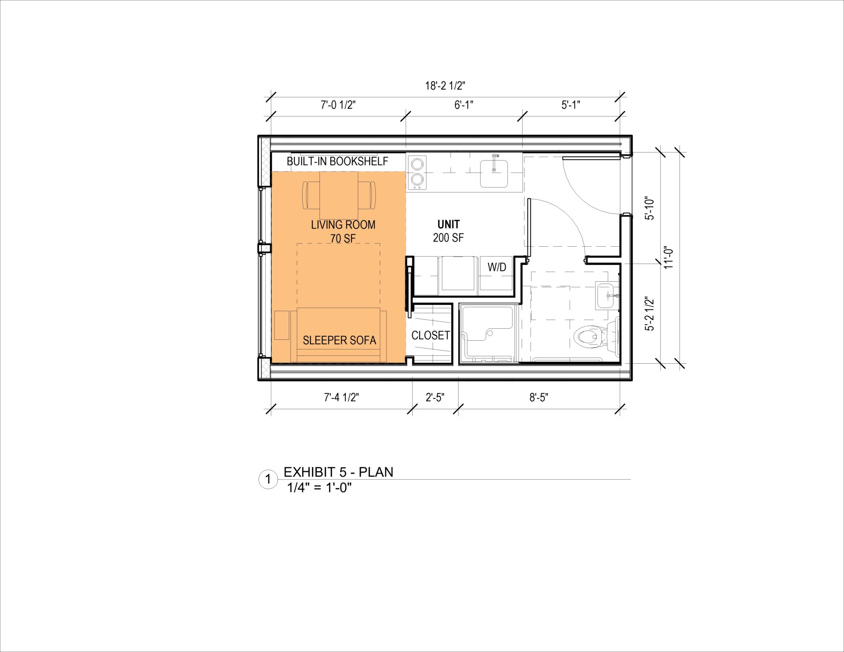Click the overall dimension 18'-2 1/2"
445,86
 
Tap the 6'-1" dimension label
464,105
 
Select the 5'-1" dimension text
570,105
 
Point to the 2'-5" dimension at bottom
435,397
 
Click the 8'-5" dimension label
539,397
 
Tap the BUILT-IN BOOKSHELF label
337,161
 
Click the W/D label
497,267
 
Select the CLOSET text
430,335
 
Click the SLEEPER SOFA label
339,340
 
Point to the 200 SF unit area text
448,238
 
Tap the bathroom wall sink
607,296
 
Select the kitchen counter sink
494,173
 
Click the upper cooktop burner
417,164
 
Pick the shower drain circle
490,333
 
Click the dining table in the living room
339,195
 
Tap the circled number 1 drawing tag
268,479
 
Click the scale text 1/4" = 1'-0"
319,488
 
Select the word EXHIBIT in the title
309,472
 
